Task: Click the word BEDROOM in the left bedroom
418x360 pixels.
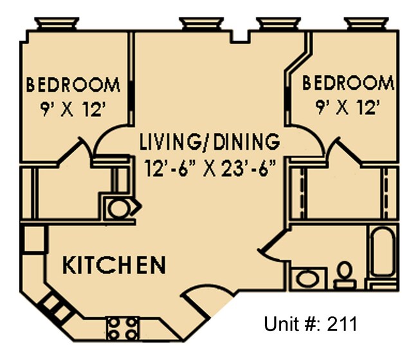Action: click(x=73, y=85)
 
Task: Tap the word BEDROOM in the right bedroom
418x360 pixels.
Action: click(x=348, y=83)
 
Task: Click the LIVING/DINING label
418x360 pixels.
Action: click(x=210, y=141)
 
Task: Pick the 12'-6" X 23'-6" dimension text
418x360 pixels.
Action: click(x=210, y=170)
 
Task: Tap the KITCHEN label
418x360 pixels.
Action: click(x=114, y=264)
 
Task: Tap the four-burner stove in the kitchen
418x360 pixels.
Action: click(x=122, y=328)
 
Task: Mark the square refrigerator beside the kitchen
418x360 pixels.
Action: click(x=32, y=239)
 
